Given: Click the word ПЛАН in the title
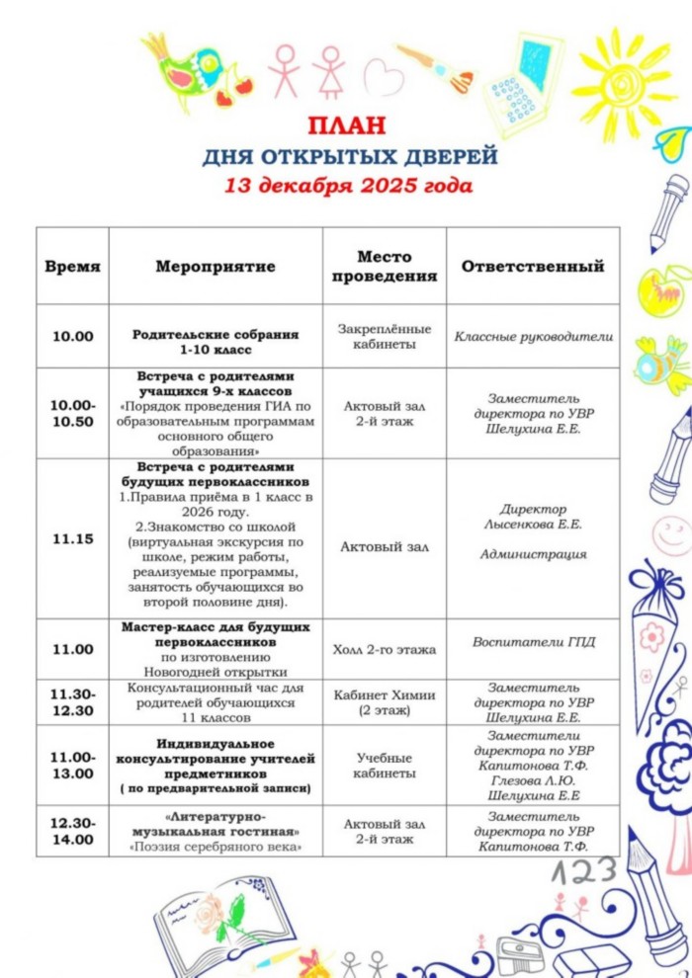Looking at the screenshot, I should coord(346,126).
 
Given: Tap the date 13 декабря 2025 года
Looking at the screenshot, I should coord(348,185).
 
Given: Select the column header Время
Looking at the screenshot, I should coord(73,267).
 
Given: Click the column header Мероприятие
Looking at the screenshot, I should coord(216,267).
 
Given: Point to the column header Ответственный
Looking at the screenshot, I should coord(533,267).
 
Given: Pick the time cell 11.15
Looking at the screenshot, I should coord(73,538).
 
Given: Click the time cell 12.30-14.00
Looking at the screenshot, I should coord(73,831).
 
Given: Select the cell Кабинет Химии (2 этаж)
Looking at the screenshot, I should coord(384,701).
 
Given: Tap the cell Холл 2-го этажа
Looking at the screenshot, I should coord(384,649).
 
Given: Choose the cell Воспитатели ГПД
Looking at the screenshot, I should coord(533,642).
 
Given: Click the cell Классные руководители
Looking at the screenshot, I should coord(533,336).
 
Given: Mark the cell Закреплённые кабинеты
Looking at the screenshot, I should coord(384,336).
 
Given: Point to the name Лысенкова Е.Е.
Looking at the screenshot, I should coord(533,525).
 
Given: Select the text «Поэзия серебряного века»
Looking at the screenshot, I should coord(216,847).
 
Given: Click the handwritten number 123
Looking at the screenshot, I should coord(583,871).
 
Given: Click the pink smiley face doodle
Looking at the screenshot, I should coord(669,534).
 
